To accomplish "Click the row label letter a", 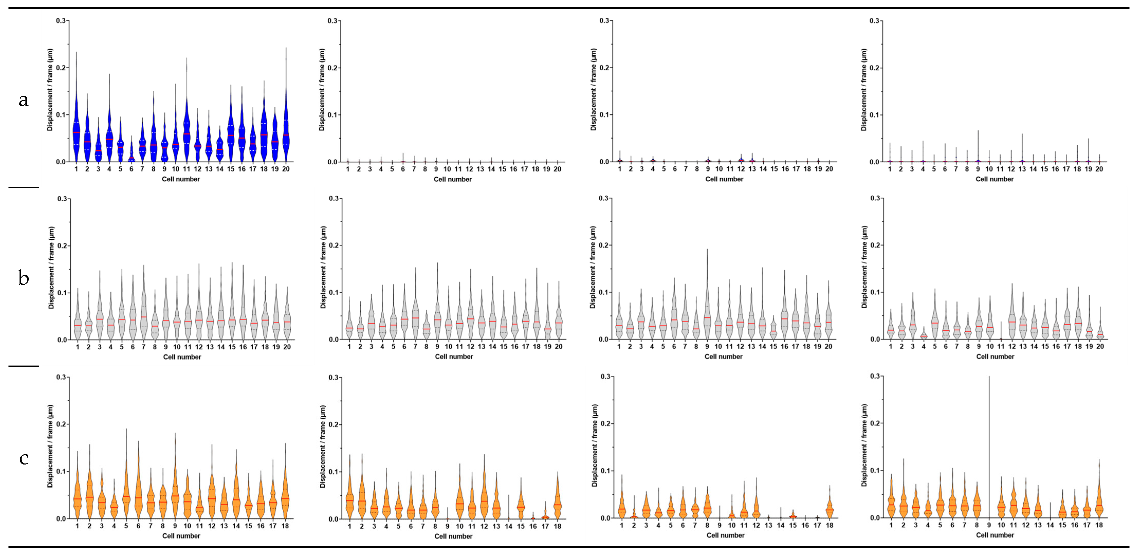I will click(x=23, y=101).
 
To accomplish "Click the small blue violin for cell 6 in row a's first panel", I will click(x=131, y=156).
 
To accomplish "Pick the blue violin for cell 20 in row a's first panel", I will click(x=286, y=133).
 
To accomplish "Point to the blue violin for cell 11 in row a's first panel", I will click(x=187, y=133).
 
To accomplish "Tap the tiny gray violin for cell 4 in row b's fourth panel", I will click(x=924, y=335).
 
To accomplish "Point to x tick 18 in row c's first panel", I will click(x=285, y=526).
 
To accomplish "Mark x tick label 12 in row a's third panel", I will click(x=741, y=169).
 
